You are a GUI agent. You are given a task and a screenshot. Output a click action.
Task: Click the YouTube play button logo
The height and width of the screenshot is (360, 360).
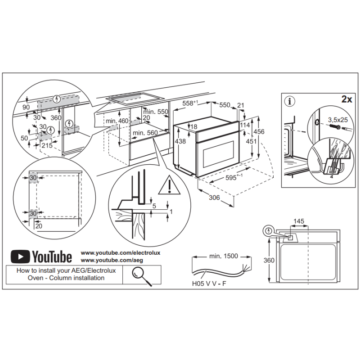(x=20, y=256)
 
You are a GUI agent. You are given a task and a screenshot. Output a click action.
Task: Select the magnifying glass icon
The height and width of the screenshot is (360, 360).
(x=141, y=274)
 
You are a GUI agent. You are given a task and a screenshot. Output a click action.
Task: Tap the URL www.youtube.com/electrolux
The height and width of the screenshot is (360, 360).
(x=120, y=253)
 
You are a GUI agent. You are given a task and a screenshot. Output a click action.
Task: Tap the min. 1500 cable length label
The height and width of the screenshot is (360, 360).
(x=223, y=256)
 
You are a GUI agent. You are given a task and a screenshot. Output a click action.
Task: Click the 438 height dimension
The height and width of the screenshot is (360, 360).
(x=180, y=141)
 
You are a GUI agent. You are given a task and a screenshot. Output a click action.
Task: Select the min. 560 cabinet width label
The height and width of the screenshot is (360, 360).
(x=145, y=132)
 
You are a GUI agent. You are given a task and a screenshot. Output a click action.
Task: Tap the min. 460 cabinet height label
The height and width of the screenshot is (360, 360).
(x=117, y=121)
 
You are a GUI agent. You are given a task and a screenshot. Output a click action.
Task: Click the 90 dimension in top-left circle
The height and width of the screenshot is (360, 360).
(x=26, y=107)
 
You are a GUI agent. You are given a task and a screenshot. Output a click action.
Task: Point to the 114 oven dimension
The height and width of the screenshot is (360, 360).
(x=245, y=125)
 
